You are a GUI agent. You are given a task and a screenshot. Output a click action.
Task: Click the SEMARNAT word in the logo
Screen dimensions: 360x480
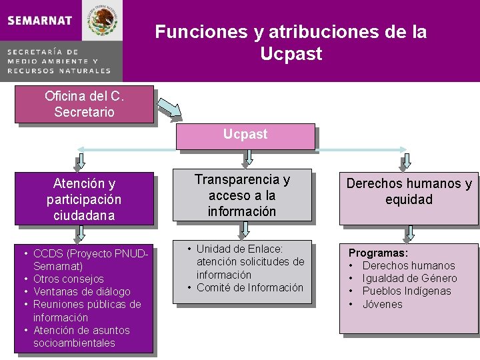[40, 20]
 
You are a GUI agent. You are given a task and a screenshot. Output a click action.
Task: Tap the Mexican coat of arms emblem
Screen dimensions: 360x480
[103, 20]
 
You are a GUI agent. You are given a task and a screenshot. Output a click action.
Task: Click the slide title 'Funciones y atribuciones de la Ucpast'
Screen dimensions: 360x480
[291, 42]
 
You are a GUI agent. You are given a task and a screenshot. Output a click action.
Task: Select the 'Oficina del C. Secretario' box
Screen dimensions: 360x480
[84, 104]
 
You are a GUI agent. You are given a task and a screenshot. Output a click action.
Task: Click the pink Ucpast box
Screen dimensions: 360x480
[245, 135]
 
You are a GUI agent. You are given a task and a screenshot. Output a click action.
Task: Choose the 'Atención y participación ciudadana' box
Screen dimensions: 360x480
[84, 199]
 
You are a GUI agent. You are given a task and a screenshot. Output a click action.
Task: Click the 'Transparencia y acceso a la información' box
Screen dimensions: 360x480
[242, 196]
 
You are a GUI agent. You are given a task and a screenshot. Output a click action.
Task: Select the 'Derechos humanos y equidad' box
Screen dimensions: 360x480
[408, 192]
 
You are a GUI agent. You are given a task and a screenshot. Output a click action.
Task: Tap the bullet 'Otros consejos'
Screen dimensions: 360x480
[68, 279]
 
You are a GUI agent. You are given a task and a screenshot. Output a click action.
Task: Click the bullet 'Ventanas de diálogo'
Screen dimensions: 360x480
[81, 291]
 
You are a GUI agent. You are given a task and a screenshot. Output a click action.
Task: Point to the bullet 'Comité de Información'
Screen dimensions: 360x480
[249, 287]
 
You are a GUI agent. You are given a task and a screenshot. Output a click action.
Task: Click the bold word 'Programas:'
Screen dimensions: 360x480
[379, 253]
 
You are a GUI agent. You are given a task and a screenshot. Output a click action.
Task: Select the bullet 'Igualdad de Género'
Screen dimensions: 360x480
[409, 278]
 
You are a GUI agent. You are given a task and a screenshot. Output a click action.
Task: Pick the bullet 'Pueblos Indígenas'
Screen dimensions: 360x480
[407, 291]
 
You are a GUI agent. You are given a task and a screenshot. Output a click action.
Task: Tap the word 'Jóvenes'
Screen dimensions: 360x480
[383, 304]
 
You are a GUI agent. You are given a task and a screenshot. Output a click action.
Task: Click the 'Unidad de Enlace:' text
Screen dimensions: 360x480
[239, 249]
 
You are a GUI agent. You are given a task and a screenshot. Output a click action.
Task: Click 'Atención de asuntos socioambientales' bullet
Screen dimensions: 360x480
[81, 337]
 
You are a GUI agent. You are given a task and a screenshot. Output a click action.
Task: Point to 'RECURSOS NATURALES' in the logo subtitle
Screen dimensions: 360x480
[59, 70]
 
